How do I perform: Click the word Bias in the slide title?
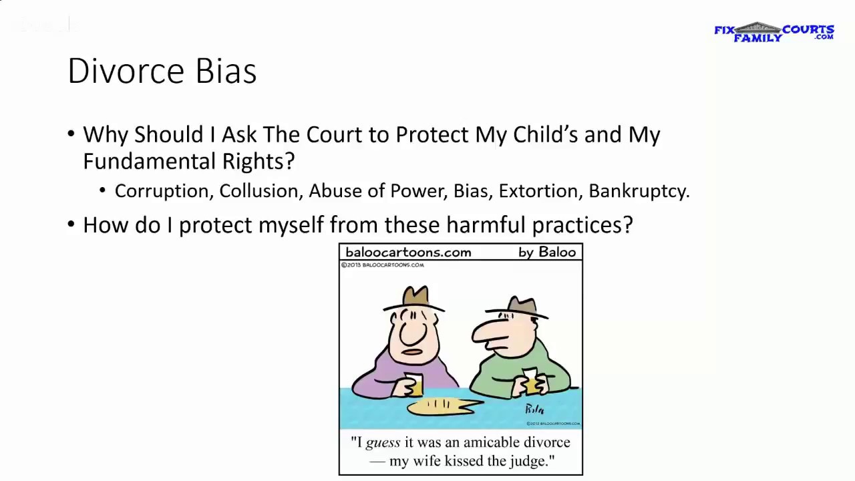(x=226, y=71)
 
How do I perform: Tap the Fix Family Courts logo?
(x=774, y=32)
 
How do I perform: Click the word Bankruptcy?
(x=639, y=192)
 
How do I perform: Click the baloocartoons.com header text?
(x=408, y=253)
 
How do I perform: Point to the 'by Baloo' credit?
(x=547, y=253)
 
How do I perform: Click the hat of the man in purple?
(x=414, y=298)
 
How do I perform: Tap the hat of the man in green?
(x=519, y=307)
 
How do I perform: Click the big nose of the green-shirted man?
(x=488, y=332)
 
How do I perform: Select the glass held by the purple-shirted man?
(x=413, y=385)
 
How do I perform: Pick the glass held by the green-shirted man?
(x=531, y=381)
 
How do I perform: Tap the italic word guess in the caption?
(x=383, y=443)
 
